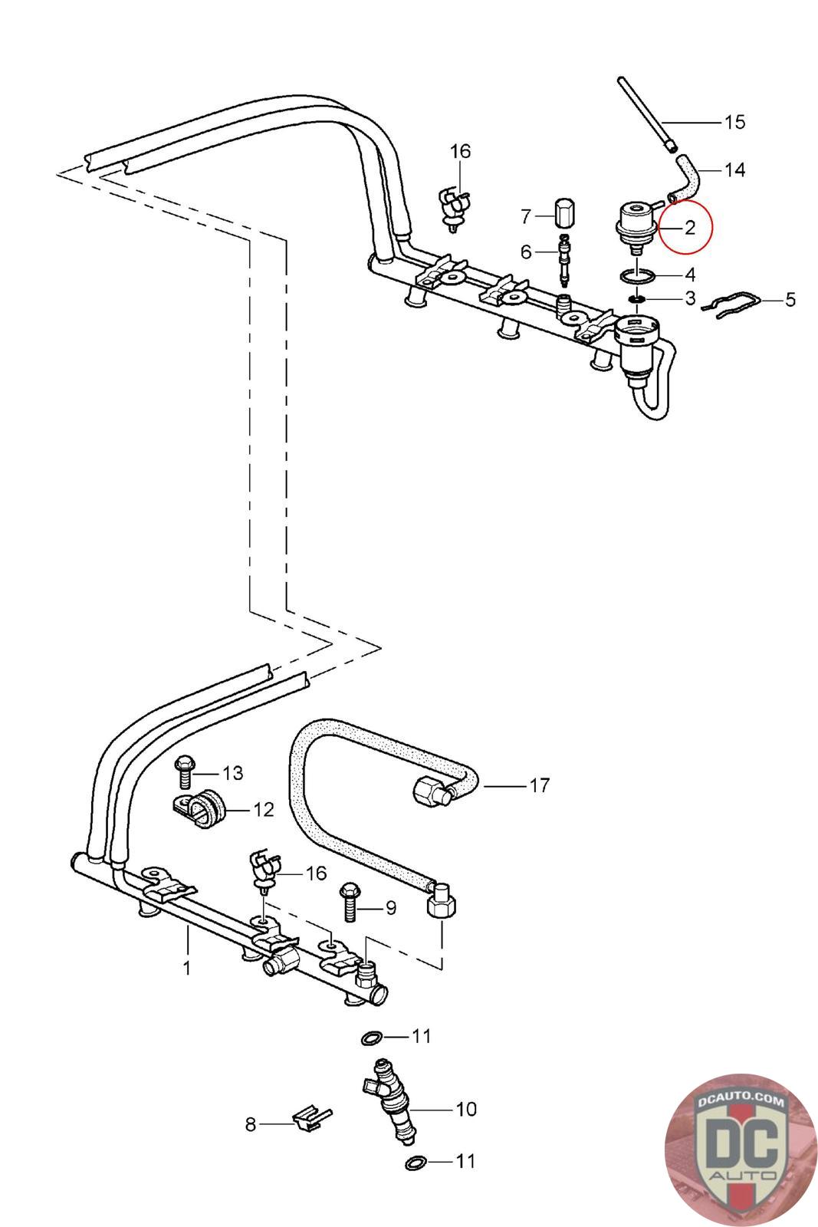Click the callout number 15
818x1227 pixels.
point(734,122)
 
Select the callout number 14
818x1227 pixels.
point(734,169)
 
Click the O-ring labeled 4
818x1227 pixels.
point(637,275)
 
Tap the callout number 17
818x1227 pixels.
point(540,785)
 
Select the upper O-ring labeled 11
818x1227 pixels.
point(372,1038)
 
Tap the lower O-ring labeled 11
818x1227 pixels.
point(415,1163)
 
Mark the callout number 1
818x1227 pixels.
point(186,968)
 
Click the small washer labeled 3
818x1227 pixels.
point(636,298)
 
